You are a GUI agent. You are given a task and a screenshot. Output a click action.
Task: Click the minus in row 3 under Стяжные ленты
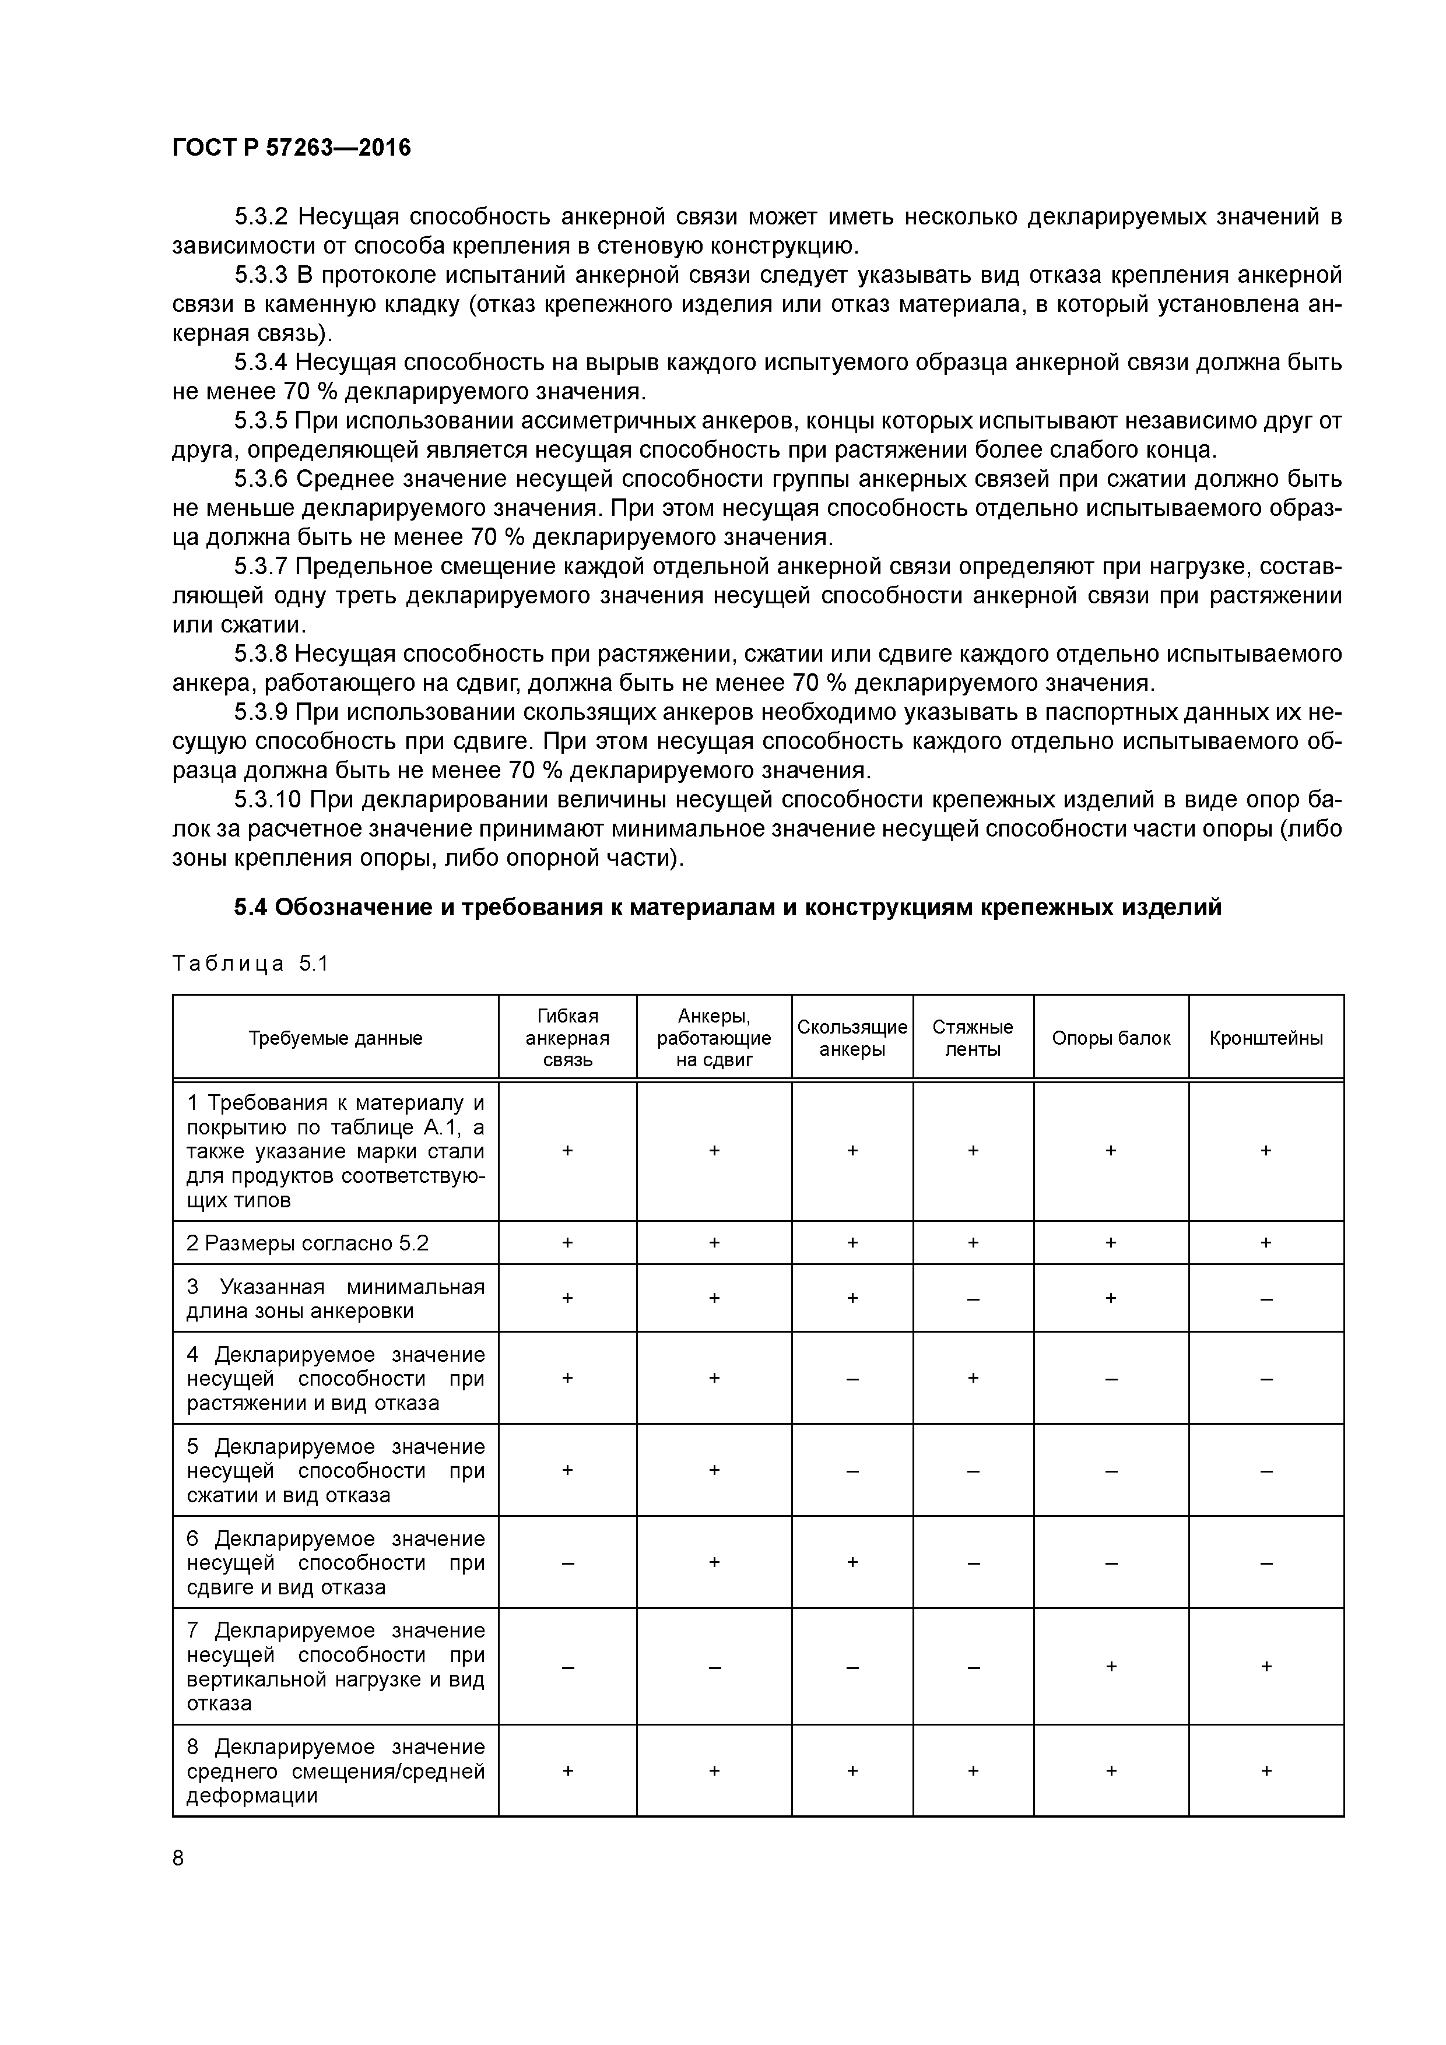click(x=973, y=1299)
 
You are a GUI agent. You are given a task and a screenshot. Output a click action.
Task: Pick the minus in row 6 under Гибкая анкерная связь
click(x=567, y=1563)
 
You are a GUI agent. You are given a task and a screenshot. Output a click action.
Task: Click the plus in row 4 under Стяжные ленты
click(x=973, y=1378)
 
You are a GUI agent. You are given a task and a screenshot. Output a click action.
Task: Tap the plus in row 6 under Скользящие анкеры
click(x=852, y=1562)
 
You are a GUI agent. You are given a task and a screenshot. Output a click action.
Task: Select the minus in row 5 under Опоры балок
click(x=1111, y=1471)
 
